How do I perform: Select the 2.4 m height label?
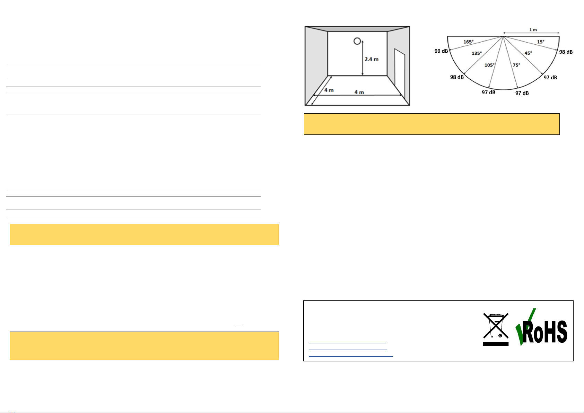pyautogui.click(x=372, y=59)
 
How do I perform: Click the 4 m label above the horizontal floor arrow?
pyautogui.click(x=359, y=92)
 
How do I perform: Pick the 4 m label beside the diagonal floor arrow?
pyautogui.click(x=329, y=90)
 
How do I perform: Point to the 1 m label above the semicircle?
pyautogui.click(x=533, y=30)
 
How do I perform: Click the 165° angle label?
pyautogui.click(x=468, y=42)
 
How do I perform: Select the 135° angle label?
pyautogui.click(x=477, y=53)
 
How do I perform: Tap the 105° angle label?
pyautogui.click(x=489, y=65)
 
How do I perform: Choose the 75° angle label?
pyautogui.click(x=516, y=65)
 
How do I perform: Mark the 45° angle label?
pyautogui.click(x=528, y=53)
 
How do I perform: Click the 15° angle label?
pyautogui.click(x=540, y=42)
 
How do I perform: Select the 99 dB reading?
pyautogui.click(x=441, y=51)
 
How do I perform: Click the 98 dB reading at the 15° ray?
pyautogui.click(x=566, y=52)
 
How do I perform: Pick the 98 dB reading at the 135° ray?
pyautogui.click(x=457, y=77)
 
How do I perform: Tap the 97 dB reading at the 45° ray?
pyautogui.click(x=550, y=78)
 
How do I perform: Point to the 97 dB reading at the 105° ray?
pyautogui.click(x=488, y=93)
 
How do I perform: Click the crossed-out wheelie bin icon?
pyautogui.click(x=496, y=329)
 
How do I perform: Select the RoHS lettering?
pyautogui.click(x=545, y=332)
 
